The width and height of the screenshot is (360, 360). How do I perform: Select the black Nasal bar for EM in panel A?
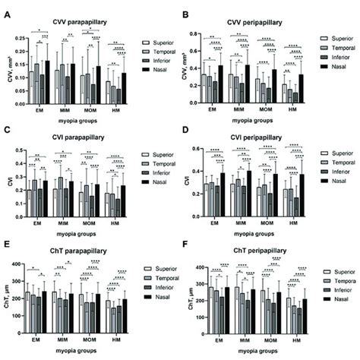click(x=47, y=81)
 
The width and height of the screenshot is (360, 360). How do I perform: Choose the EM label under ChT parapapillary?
click(x=38, y=339)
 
